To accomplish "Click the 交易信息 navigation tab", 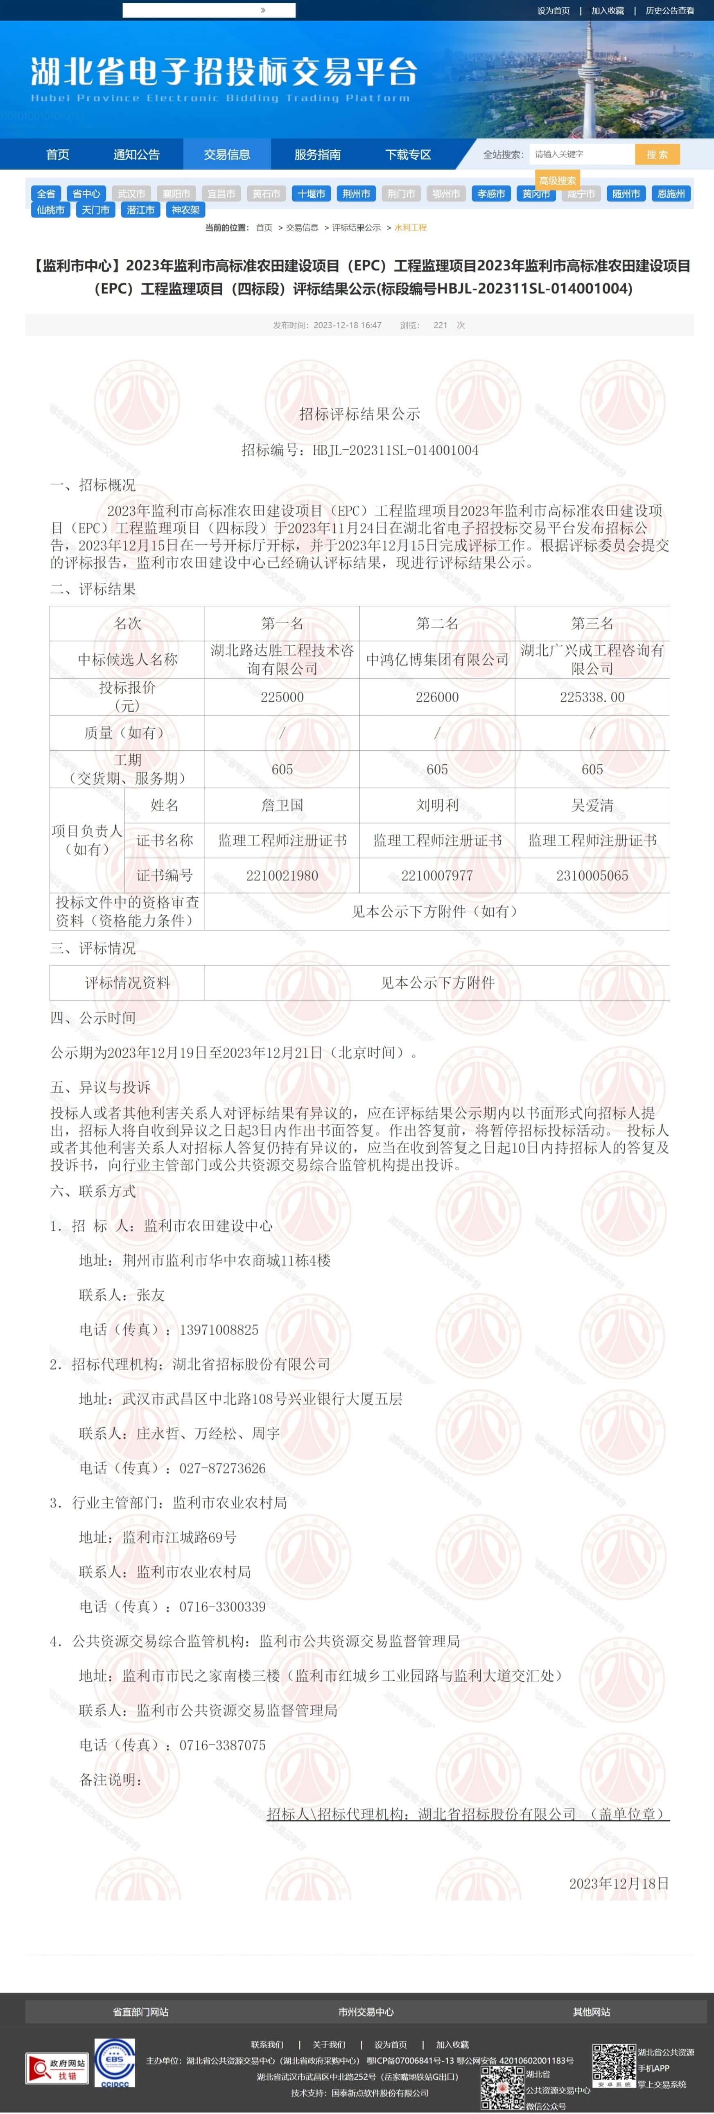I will coord(226,154).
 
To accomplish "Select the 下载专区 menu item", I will coord(408,154).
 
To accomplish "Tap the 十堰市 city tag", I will coord(311,194).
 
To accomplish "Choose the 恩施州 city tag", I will coord(671,194).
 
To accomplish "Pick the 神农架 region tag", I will coord(185,210).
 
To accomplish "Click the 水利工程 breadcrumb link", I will coord(410,227).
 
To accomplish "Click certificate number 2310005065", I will coord(592,876).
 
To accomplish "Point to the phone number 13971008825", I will coord(219,1329).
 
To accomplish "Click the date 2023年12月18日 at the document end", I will coord(619,1883).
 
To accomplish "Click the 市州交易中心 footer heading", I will coord(366,2012).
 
